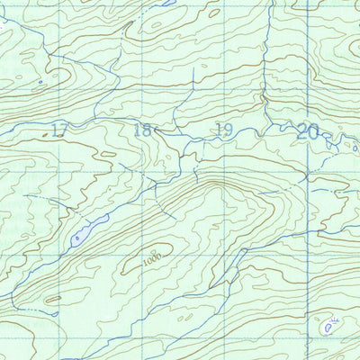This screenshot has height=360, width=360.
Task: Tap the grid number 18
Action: pyautogui.click(x=142, y=130)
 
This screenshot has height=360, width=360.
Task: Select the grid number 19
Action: pyautogui.click(x=223, y=130)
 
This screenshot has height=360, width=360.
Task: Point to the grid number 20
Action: pyautogui.click(x=308, y=131)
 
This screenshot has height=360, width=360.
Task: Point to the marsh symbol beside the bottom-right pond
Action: pyautogui.click(x=336, y=319)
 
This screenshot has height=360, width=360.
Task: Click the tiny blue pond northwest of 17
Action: pyautogui.click(x=39, y=84)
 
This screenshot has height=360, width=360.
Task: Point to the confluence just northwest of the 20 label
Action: pyautogui.click(x=294, y=126)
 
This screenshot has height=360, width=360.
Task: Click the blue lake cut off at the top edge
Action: pyautogui.click(x=166, y=3)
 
